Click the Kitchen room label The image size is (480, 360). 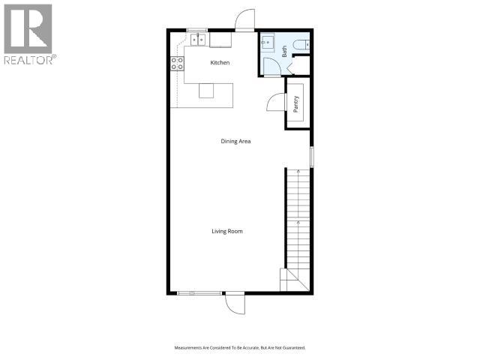tap(219, 63)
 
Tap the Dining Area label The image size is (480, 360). tap(235, 141)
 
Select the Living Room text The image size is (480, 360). tap(226, 231)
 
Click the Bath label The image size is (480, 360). tap(285, 51)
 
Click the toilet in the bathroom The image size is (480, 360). tap(302, 45)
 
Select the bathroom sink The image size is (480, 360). tap(268, 42)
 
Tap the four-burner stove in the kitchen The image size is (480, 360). tap(178, 64)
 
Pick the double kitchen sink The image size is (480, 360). tap(199, 39)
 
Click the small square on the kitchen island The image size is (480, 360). tap(206, 91)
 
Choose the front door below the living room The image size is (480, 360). tap(234, 304)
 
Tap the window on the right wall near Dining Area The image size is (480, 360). tap(312, 156)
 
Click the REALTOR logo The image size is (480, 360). tap(28, 34)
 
